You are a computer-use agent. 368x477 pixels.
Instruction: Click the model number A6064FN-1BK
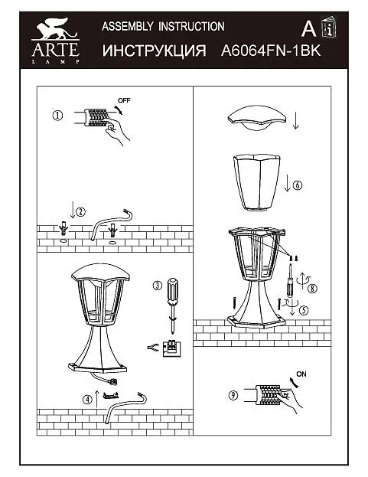tap(271, 51)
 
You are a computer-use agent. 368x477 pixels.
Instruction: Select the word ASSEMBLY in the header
tap(127, 27)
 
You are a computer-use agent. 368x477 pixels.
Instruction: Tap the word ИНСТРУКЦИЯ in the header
tap(154, 51)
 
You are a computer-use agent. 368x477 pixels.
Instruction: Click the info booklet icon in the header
tap(329, 28)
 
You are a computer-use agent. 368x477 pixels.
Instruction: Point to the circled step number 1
tap(57, 116)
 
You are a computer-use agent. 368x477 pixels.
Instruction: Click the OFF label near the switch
tap(124, 100)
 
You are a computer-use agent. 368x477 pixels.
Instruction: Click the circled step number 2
tap(80, 211)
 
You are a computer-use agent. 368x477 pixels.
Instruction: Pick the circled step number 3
tap(157, 286)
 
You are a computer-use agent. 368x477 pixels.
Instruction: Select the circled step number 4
tap(87, 399)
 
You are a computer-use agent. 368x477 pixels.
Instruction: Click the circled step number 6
tap(297, 185)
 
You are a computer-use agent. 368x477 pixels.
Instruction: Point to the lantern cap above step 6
tap(257, 119)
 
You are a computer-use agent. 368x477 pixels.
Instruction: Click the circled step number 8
tap(312, 288)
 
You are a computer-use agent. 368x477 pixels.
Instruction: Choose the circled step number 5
tap(304, 310)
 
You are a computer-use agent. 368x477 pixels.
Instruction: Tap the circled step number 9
tap(233, 395)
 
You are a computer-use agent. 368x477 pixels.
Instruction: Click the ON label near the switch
tap(301, 374)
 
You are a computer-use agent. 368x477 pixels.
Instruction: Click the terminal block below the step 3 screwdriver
tap(173, 348)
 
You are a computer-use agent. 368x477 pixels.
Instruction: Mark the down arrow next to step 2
tap(73, 209)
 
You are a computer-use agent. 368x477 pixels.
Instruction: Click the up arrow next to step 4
tap(96, 399)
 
